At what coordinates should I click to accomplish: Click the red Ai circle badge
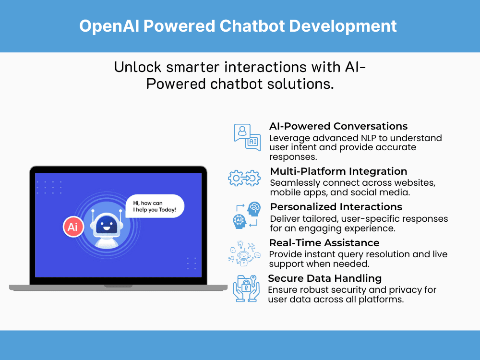pyautogui.click(x=73, y=227)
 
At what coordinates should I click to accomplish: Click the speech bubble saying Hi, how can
pyautogui.click(x=155, y=206)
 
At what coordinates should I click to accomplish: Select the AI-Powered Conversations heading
pyautogui.click(x=338, y=126)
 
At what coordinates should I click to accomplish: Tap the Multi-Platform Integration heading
pyautogui.click(x=338, y=171)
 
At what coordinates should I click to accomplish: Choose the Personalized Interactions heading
pyautogui.click(x=336, y=207)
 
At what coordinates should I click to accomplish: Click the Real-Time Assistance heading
pyautogui.click(x=324, y=242)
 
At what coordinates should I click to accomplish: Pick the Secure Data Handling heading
pyautogui.click(x=324, y=278)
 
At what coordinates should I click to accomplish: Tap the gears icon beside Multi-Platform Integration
pyautogui.click(x=244, y=178)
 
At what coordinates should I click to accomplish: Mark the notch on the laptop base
pyautogui.click(x=118, y=286)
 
